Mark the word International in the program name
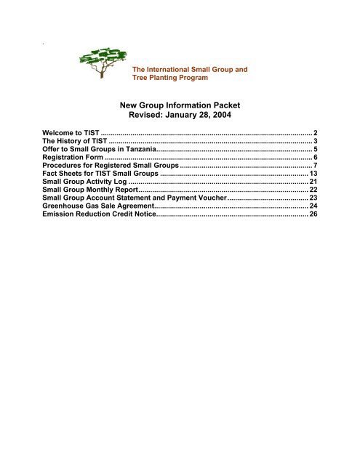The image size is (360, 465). pos(172,70)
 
